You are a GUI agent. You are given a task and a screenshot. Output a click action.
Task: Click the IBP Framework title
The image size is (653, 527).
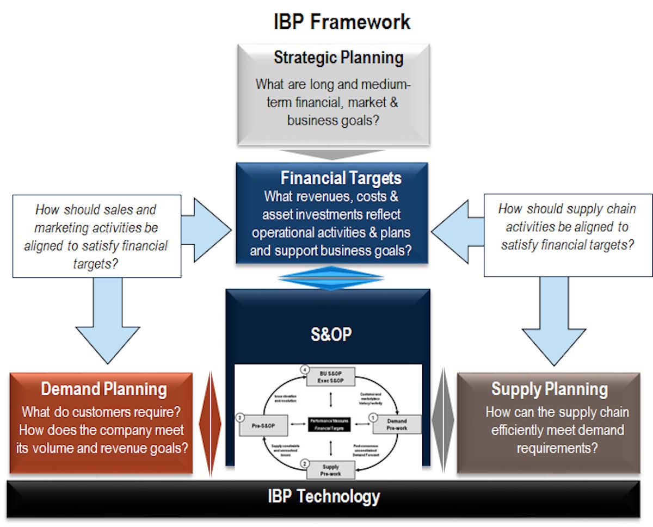pyautogui.click(x=341, y=22)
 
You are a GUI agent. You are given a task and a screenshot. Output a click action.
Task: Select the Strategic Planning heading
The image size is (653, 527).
pyautogui.click(x=338, y=58)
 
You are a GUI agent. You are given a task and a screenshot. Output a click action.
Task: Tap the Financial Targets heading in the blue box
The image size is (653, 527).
pyautogui.click(x=341, y=178)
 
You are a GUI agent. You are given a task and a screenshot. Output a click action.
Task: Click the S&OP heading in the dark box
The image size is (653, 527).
pyautogui.click(x=331, y=334)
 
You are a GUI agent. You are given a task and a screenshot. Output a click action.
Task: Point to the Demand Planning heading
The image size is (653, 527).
pyautogui.click(x=103, y=389)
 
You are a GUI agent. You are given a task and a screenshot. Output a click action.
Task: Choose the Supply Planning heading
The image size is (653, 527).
pyautogui.click(x=549, y=389)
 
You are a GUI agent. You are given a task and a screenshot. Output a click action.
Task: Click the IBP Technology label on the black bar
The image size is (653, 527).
pyautogui.click(x=324, y=496)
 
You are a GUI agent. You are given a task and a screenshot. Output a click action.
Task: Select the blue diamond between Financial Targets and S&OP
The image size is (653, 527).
pyautogui.click(x=330, y=278)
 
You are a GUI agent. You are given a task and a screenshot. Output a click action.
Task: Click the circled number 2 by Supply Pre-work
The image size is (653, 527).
pyautogui.click(x=305, y=463)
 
